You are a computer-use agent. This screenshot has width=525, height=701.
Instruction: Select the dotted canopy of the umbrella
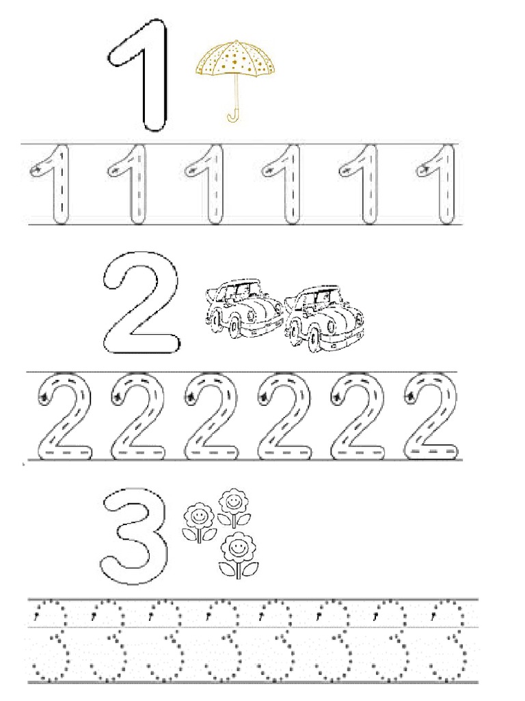pyautogui.click(x=235, y=59)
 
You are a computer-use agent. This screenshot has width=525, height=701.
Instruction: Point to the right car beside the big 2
pyautogui.click(x=324, y=319)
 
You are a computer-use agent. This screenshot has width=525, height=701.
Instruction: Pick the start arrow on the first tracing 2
pyautogui.click(x=45, y=396)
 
